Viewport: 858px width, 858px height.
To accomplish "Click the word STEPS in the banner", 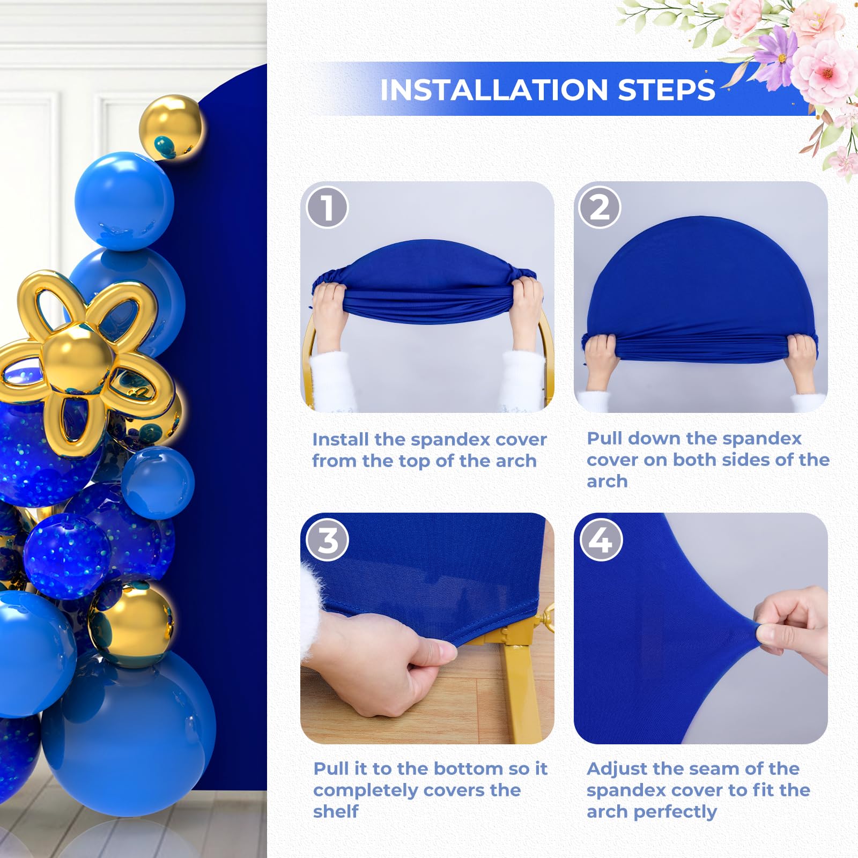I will [667, 90].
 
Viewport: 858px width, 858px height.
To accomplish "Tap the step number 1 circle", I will [327, 208].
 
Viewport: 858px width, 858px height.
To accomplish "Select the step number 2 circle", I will [600, 208].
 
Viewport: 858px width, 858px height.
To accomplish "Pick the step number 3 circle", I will [327, 540].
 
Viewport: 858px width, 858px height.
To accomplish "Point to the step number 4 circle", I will [601, 540].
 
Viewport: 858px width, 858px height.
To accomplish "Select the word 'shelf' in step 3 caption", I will [336, 811].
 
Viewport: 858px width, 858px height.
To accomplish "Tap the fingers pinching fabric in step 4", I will [788, 627].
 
